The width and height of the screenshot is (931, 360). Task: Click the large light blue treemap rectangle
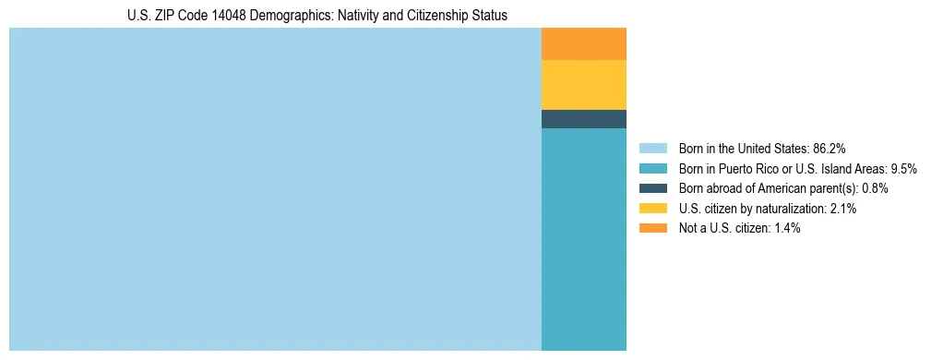(275, 189)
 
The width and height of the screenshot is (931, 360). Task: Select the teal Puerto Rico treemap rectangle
(583, 239)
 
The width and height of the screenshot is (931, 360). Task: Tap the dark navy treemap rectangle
(583, 119)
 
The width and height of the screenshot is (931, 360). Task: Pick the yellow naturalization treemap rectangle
(583, 85)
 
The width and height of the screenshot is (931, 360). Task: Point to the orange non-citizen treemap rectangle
(583, 44)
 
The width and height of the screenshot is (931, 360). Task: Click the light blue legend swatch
(652, 148)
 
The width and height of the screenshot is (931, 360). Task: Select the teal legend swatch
(652, 168)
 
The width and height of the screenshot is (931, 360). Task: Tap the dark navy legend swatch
(652, 188)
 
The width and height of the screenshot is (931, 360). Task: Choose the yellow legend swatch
(652, 209)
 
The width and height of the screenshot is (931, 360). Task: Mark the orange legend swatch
(652, 228)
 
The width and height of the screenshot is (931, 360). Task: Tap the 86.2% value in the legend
(830, 148)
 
